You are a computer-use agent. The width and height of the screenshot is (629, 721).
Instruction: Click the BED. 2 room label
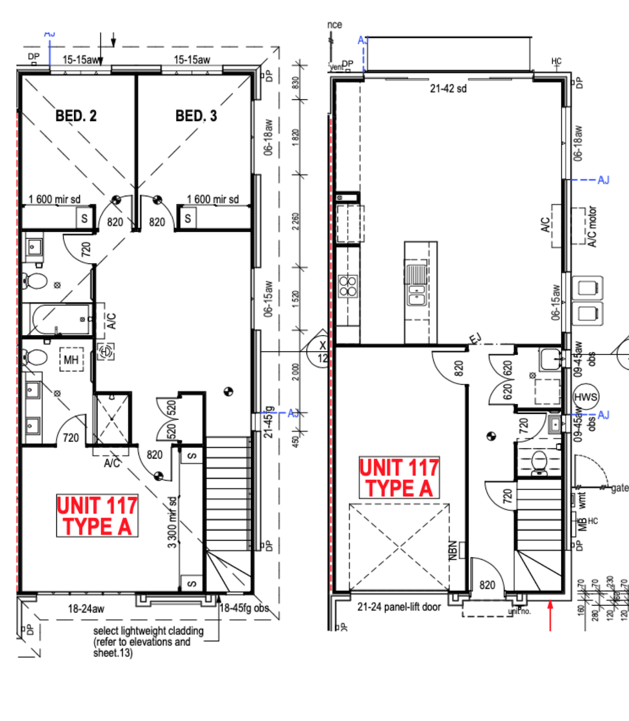click(76, 116)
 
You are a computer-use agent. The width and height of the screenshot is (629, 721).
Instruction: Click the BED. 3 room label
click(196, 116)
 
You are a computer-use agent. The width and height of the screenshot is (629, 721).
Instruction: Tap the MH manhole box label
click(71, 360)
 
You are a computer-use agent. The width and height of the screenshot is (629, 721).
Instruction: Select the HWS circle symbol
click(585, 397)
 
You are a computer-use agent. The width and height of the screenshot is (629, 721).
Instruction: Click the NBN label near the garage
click(453, 549)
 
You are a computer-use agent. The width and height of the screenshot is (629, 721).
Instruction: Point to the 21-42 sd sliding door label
click(448, 88)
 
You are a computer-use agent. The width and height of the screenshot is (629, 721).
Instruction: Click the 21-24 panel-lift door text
click(399, 607)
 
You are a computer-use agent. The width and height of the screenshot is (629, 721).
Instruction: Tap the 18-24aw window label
click(86, 608)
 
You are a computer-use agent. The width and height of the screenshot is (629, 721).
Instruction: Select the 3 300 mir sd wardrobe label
click(172, 522)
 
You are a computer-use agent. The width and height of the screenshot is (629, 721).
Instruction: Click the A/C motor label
click(592, 227)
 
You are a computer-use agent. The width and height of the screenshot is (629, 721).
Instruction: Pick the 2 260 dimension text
click(295, 221)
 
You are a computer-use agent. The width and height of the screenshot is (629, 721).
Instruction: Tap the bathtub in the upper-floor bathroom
click(61, 320)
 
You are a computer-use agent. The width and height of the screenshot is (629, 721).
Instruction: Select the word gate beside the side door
click(619, 488)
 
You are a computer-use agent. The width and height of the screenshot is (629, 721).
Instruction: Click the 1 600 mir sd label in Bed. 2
click(55, 199)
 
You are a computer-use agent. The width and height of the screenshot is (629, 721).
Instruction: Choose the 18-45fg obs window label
click(244, 608)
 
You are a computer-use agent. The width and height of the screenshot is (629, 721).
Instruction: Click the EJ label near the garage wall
click(475, 339)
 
